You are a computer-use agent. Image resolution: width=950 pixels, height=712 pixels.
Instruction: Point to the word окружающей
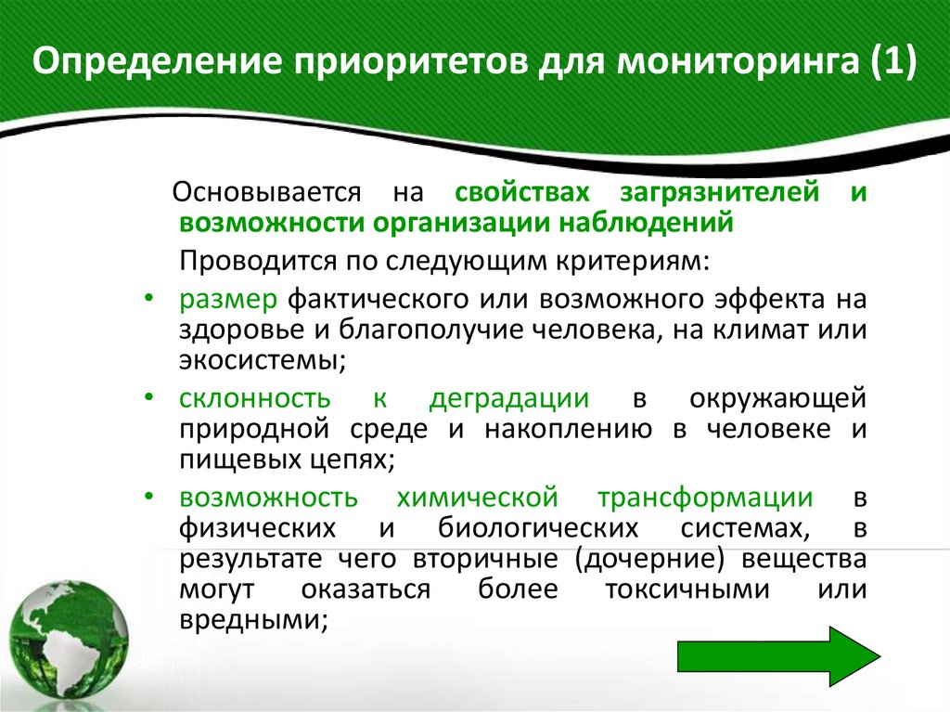coord(778,398)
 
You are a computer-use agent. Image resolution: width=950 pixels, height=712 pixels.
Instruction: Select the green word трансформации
coord(706,498)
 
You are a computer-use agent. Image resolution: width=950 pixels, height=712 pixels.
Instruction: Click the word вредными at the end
coord(251,620)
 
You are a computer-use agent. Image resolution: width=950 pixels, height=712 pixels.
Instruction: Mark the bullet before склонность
coord(150,397)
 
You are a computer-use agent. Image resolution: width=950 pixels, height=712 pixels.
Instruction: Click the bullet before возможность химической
coord(150,497)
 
